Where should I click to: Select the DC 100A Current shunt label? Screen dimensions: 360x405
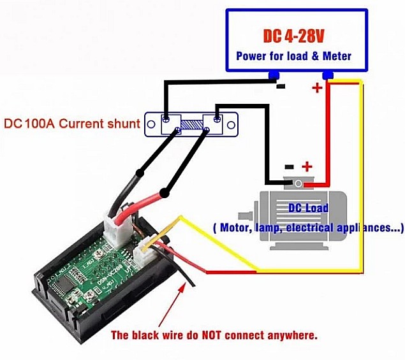click(x=71, y=123)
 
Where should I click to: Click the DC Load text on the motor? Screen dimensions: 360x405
click(x=308, y=208)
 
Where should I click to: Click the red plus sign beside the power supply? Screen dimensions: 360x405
click(x=317, y=88)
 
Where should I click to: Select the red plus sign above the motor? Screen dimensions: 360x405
click(x=307, y=167)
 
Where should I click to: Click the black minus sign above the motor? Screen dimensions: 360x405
click(x=289, y=167)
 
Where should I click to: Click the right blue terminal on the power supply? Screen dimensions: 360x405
click(x=328, y=76)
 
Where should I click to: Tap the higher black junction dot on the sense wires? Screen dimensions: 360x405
click(x=139, y=173)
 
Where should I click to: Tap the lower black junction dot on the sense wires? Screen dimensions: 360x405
click(x=165, y=192)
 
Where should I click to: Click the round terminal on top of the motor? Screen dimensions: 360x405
click(x=298, y=184)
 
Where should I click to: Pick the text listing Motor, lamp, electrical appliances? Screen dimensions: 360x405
click(x=308, y=227)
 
